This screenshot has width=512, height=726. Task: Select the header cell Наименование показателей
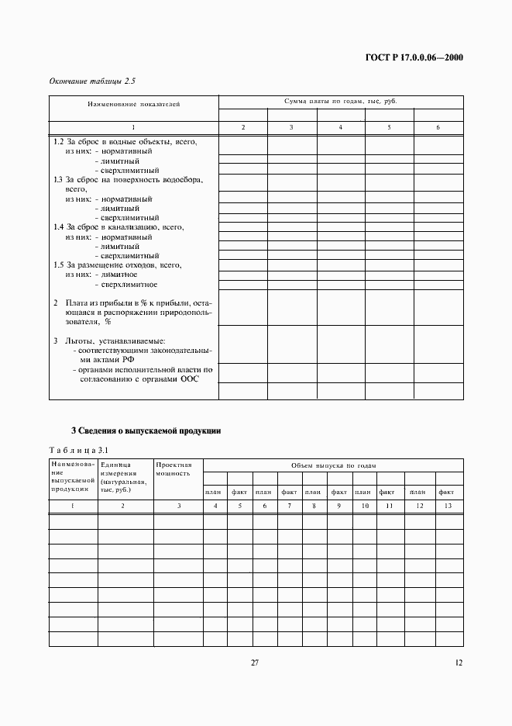click(133, 104)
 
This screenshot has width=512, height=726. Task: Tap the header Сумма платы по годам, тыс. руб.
click(341, 101)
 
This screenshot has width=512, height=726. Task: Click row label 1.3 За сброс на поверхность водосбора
click(128, 179)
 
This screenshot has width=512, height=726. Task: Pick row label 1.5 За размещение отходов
click(117, 264)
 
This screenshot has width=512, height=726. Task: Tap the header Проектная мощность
click(174, 468)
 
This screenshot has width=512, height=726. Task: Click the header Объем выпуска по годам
click(332, 465)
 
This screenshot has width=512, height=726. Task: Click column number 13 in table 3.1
click(446, 506)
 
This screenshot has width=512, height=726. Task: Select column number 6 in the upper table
click(438, 127)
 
